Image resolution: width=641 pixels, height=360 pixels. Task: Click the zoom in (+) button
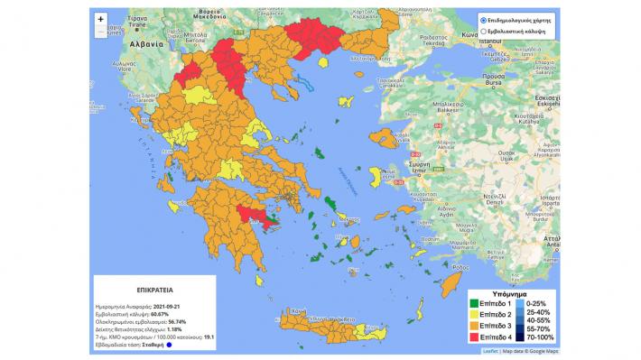[x=99, y=17]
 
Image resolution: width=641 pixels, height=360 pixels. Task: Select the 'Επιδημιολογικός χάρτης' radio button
[x=484, y=18]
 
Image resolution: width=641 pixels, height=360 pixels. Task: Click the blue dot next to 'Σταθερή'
[x=168, y=345]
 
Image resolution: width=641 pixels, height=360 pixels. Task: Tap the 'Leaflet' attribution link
[x=489, y=351]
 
